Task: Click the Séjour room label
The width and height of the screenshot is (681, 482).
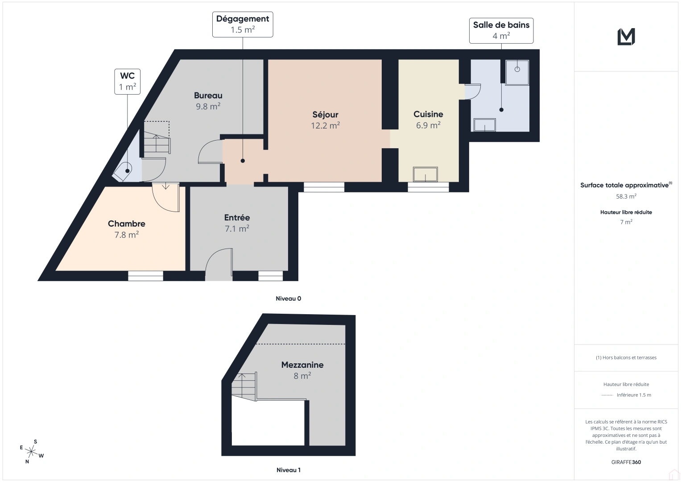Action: click(x=325, y=115)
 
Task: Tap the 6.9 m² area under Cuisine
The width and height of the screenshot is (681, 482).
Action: click(x=428, y=125)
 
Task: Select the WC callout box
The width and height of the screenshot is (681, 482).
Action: click(x=128, y=81)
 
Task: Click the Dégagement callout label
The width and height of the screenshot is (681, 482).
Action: click(x=243, y=19)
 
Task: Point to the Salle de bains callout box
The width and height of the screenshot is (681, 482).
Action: click(x=501, y=30)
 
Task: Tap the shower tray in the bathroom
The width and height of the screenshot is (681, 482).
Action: click(x=517, y=72)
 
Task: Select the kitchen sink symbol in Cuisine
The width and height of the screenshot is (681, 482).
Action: click(x=425, y=174)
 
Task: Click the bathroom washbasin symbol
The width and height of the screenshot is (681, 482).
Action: click(x=484, y=125)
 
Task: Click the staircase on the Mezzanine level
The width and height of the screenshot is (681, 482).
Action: click(x=244, y=386)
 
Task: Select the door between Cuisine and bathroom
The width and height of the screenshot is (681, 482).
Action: click(x=472, y=91)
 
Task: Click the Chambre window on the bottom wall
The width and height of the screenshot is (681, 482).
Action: click(x=145, y=276)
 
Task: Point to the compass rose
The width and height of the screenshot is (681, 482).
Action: click(x=32, y=451)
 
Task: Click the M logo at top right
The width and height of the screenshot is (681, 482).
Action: click(x=626, y=37)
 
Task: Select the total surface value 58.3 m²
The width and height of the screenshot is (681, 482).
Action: click(x=626, y=196)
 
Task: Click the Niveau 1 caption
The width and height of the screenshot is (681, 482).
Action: click(x=288, y=470)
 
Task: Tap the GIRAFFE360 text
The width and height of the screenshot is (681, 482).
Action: click(x=626, y=462)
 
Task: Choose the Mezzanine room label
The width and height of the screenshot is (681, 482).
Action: click(x=302, y=365)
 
